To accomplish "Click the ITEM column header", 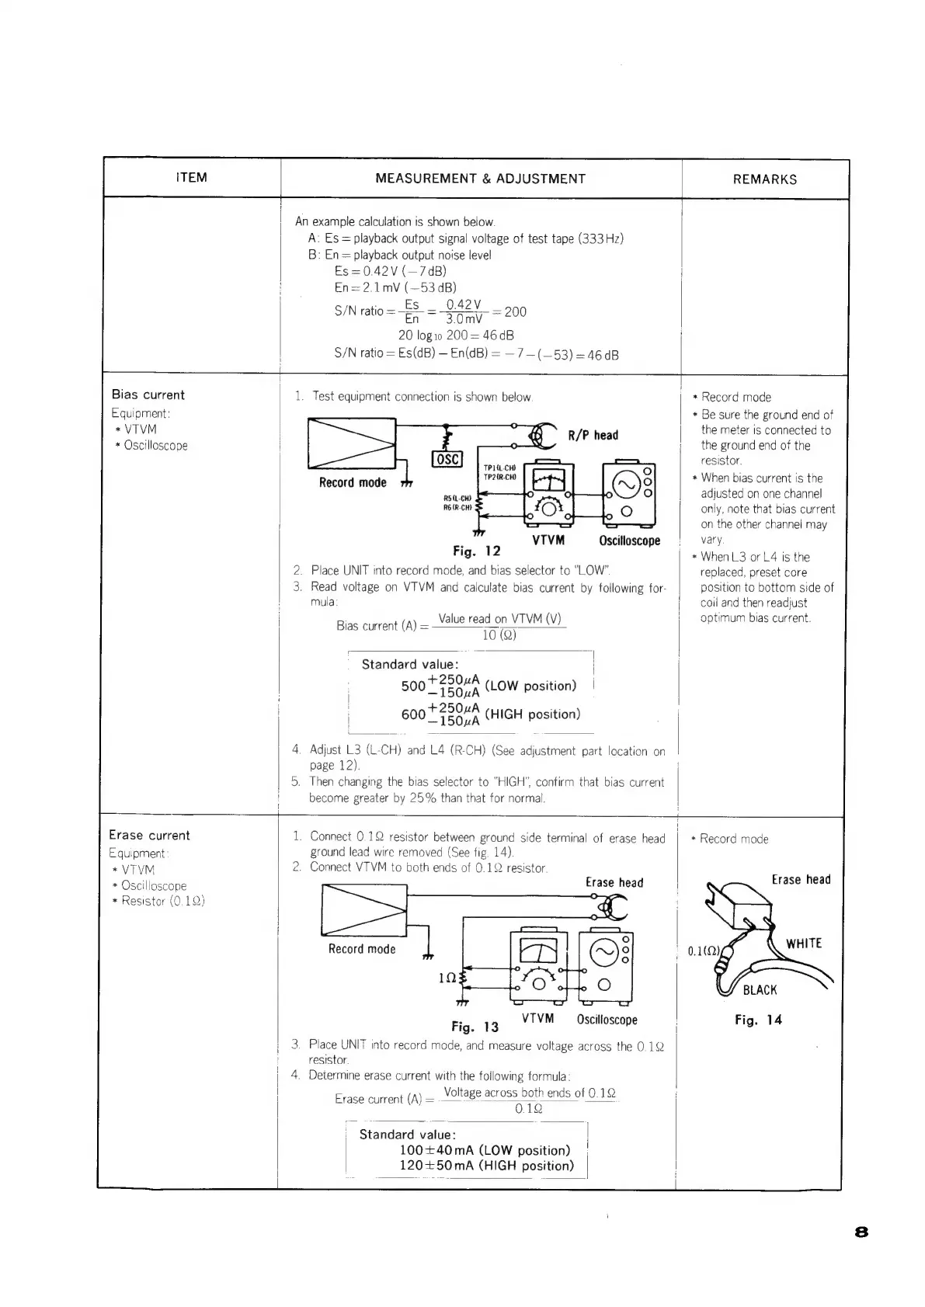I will pos(191,177).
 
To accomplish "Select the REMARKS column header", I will pos(764,179).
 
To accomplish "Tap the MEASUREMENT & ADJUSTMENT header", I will pos(480,179).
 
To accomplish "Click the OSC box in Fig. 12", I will pos(447,459).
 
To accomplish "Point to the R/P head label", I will pos(593,435).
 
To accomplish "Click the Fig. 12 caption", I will pos(476,551).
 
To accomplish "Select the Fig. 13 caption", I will pos(475,1027).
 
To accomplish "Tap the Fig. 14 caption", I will pos(758,1020).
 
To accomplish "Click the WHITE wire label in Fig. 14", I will pos(803,944).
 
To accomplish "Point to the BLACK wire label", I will pos(760,990).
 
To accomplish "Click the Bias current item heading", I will pos(148,395).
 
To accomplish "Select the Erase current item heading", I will pos(149,835).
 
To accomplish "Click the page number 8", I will pos(861,1232).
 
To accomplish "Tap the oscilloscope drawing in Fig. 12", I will pos(629,493).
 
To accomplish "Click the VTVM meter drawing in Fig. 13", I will pos(538,965).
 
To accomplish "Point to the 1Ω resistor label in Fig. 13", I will pos(447,978).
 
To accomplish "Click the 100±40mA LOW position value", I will pos(484,1150).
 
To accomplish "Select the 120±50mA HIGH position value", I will pos(486,1166).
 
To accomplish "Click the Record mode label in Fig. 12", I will pos(352,482).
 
